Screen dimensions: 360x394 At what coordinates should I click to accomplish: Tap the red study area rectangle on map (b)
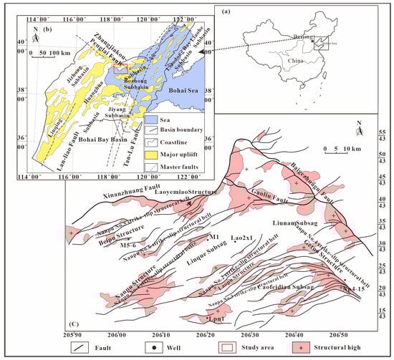(x=120, y=69)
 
